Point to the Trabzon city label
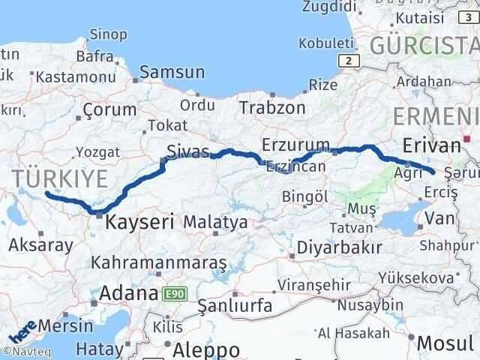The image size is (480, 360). click(272, 108)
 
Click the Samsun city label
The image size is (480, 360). click(172, 73)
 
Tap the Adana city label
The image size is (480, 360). click(124, 292)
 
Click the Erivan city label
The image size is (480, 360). click(430, 145)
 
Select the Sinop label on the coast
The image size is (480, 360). click(107, 33)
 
